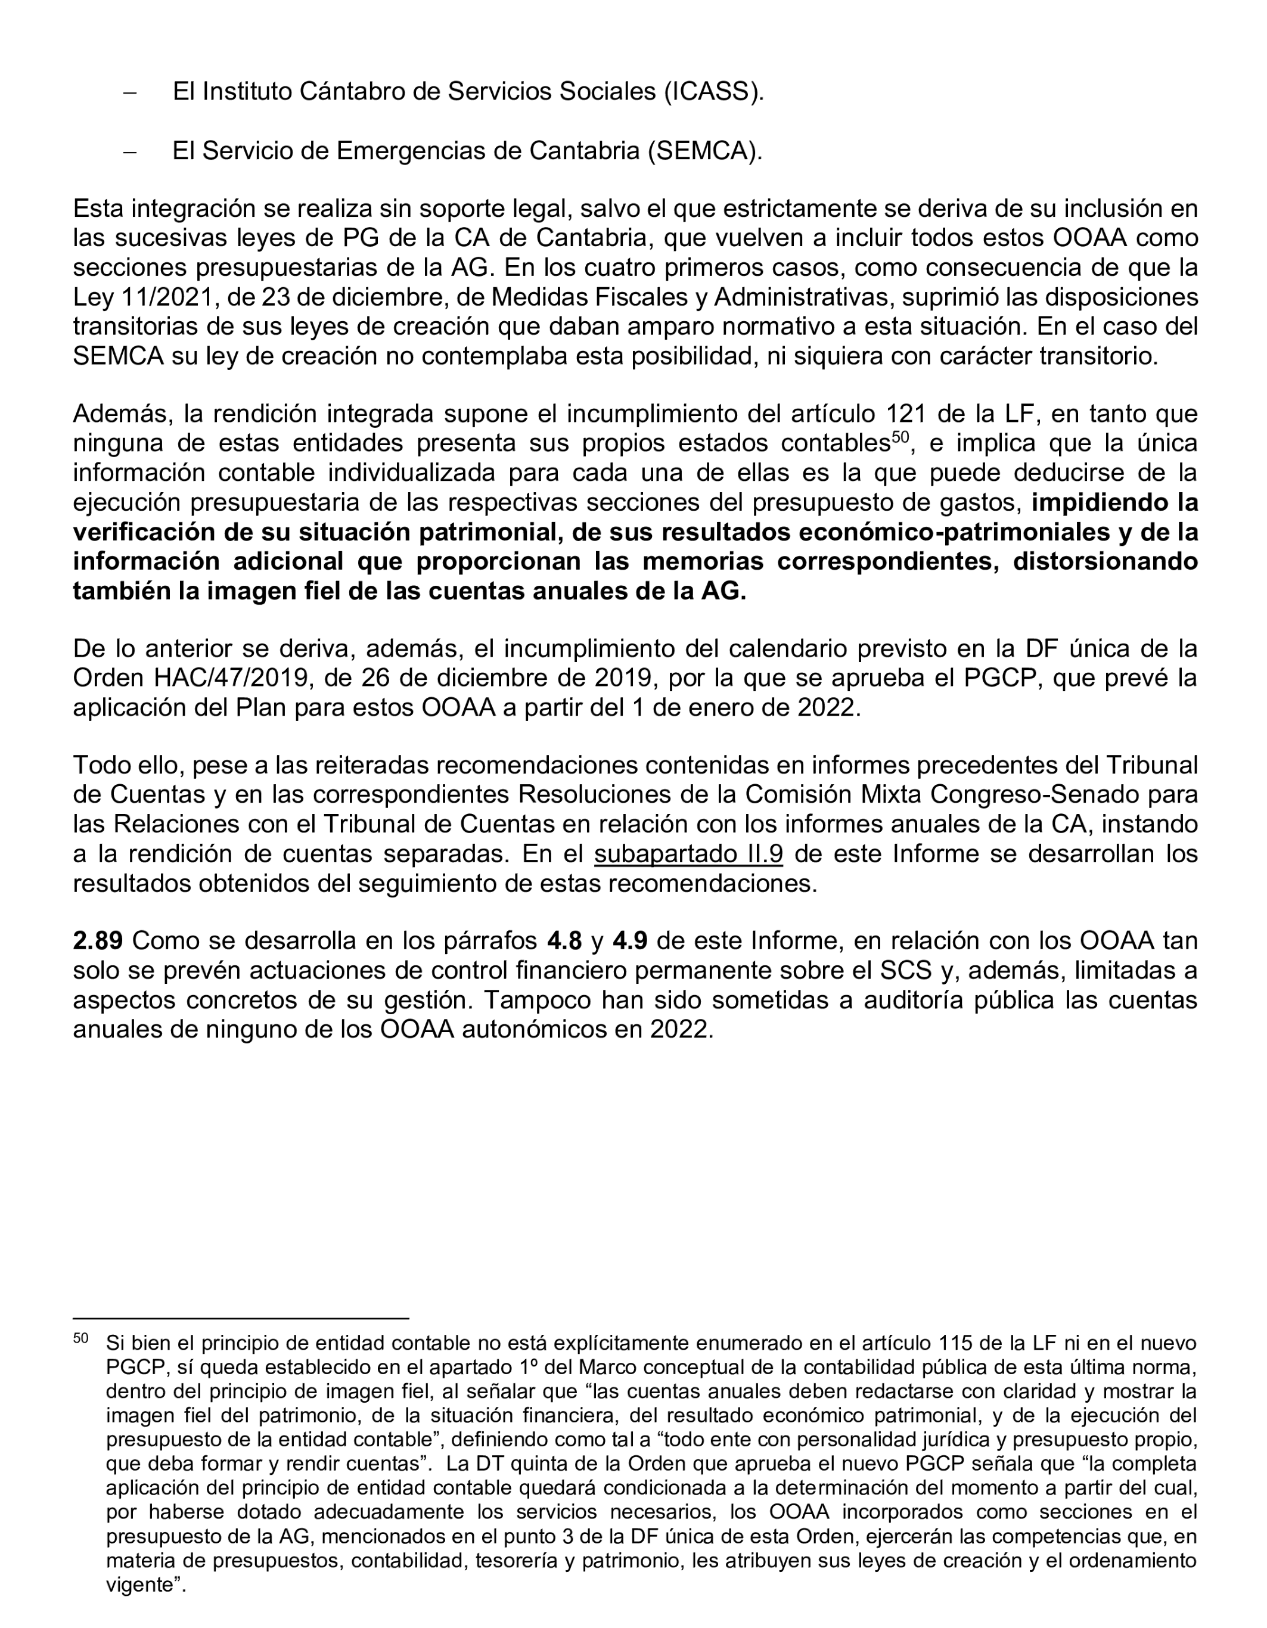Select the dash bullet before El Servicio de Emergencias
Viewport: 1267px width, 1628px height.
[x=131, y=151]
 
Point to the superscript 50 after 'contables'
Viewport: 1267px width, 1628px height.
[x=900, y=437]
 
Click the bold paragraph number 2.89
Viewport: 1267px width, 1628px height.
[x=98, y=941]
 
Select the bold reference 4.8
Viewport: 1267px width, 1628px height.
[x=564, y=941]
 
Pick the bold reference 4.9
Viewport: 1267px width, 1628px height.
[x=630, y=941]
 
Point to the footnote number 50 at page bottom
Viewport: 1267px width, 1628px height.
[x=80, y=1338]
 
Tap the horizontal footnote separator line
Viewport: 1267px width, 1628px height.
[x=241, y=1318]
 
